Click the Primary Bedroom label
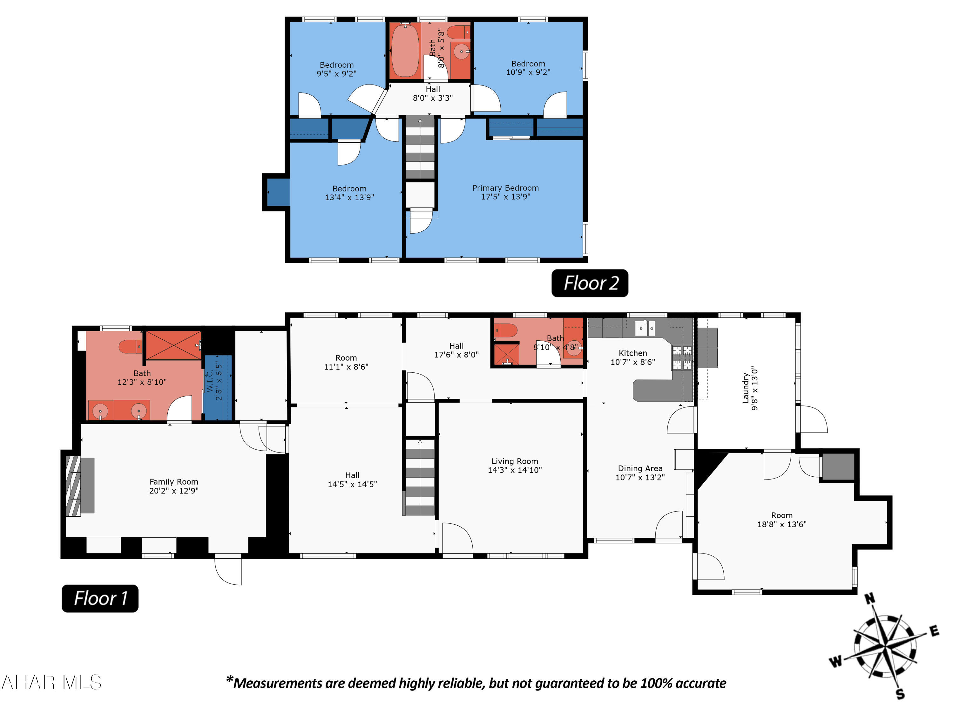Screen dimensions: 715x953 (505, 188)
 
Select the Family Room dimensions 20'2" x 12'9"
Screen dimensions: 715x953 (174, 490)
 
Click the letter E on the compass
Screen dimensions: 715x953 (934, 631)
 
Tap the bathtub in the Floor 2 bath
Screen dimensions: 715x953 (405, 51)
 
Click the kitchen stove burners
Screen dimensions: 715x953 (682, 358)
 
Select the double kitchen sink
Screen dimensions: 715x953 (645, 328)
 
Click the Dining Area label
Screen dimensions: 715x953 (640, 468)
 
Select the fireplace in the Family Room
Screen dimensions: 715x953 (73, 486)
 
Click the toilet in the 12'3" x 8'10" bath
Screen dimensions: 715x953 (130, 346)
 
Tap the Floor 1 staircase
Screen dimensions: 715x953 (420, 477)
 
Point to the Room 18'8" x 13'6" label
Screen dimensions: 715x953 (781, 520)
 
